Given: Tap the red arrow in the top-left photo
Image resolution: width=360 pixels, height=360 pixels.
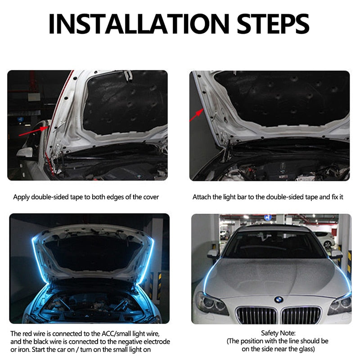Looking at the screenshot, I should pos(31,131).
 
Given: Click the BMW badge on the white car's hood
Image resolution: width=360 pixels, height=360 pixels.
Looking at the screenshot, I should pos(279,299).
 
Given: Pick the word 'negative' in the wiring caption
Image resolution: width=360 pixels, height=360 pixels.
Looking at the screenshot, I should pos(124,342).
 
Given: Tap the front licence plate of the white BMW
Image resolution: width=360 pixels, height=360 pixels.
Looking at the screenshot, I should pos(279,320).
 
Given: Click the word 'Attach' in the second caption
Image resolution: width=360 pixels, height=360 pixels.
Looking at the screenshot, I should pos(202,197).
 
